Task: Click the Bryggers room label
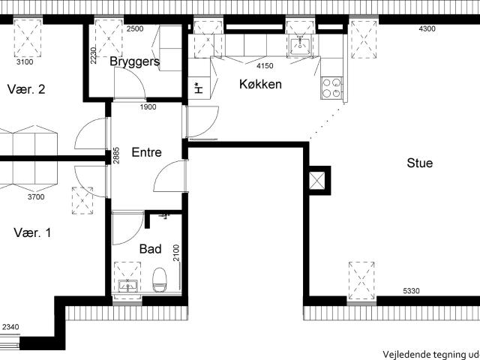tap(135, 61)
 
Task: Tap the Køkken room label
tap(260, 84)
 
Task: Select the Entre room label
tap(146, 152)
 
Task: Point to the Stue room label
tap(419, 163)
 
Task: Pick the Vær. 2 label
tap(26, 89)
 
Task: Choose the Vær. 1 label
tap(32, 232)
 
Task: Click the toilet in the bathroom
tap(159, 281)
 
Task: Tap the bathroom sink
tap(127, 285)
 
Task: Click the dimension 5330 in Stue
tap(412, 290)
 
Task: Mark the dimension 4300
tap(426, 29)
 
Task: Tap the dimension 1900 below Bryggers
tap(148, 107)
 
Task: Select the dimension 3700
tap(35, 197)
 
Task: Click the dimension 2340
tap(10, 327)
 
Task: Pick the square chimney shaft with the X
tap(318, 180)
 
